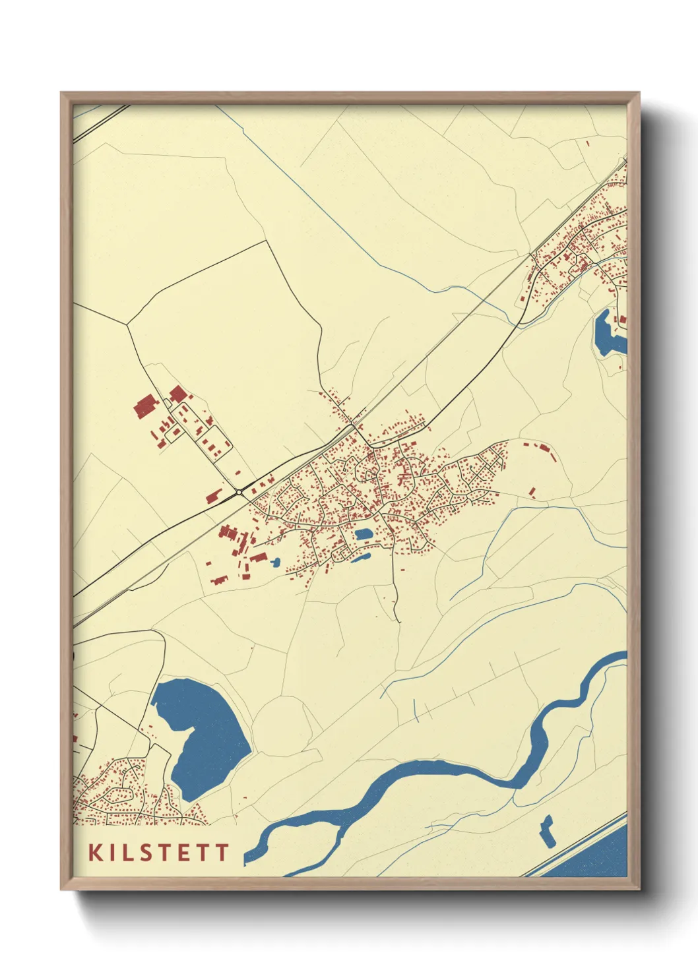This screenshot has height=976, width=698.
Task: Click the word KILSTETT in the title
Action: coord(158,852)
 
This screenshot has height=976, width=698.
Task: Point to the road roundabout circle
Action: coord(238,492)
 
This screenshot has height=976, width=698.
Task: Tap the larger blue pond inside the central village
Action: coord(363,534)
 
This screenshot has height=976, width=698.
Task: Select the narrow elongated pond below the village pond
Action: coord(361,559)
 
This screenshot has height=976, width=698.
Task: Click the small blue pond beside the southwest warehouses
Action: coord(274,563)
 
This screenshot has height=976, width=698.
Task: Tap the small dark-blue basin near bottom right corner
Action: coord(547,831)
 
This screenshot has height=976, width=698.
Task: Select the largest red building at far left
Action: coord(144,407)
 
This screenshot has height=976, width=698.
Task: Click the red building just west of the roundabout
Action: coord(213,497)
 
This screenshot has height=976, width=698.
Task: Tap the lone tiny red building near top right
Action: coord(587,142)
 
